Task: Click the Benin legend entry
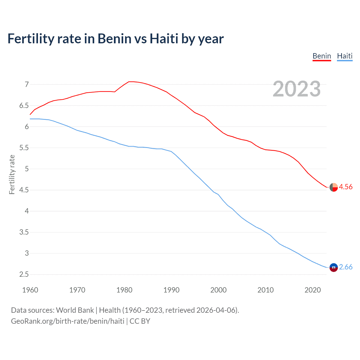click(322, 56)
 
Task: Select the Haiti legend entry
click(345, 56)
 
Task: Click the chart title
click(116, 39)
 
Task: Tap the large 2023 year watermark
click(296, 89)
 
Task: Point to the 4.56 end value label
click(346, 187)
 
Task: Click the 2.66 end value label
click(346, 267)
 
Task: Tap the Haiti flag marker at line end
click(334, 267)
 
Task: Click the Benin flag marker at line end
click(334, 187)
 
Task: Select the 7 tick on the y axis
click(27, 84)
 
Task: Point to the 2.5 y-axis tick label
click(24, 274)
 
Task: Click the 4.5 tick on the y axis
click(24, 190)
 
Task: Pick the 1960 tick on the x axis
click(30, 290)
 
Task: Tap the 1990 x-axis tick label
click(171, 290)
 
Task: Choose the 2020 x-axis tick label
click(312, 290)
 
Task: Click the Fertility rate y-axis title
click(12, 174)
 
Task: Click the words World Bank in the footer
click(75, 310)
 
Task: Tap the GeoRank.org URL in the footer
click(67, 321)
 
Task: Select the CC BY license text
click(140, 321)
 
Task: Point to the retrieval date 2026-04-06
click(216, 310)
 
